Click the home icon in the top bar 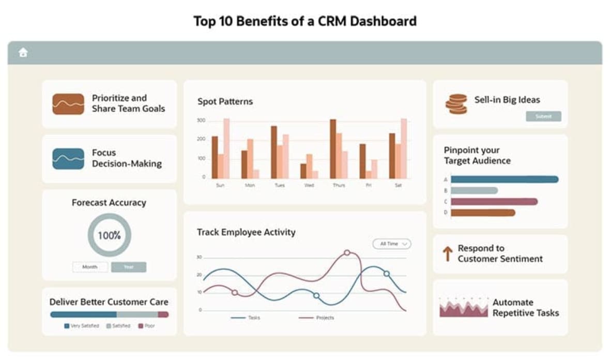[x=23, y=52]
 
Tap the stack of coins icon [x=455, y=104]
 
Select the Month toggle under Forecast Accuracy [x=90, y=267]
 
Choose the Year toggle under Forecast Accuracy [x=129, y=267]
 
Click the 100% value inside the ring [x=109, y=235]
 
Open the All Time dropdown [x=391, y=244]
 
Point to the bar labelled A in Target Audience [x=504, y=179]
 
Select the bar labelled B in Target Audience [x=474, y=190]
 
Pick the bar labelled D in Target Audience [x=483, y=213]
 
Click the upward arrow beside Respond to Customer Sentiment [x=447, y=253]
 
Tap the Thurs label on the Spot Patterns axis [x=339, y=185]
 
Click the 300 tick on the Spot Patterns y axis [x=201, y=121]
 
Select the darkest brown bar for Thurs [x=333, y=149]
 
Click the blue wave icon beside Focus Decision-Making [x=68, y=159]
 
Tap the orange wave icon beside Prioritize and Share [x=68, y=104]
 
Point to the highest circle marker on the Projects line [x=347, y=253]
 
